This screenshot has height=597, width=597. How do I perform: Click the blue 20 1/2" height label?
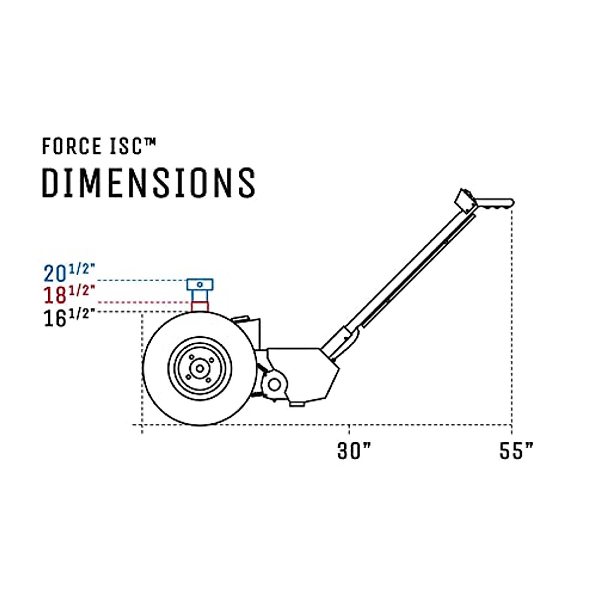point(69,273)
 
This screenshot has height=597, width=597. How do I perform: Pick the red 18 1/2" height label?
point(69,295)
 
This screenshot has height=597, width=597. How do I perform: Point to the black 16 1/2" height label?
point(69,317)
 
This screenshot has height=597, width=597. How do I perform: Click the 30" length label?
point(354,451)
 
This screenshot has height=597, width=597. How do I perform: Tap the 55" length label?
point(516,451)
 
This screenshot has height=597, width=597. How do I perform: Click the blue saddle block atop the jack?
point(200,285)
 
